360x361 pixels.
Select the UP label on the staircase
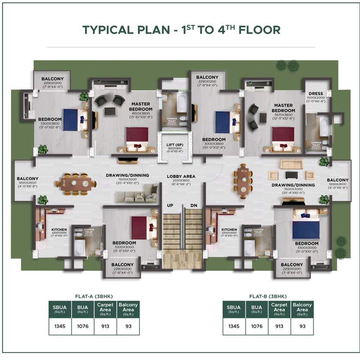click(x=169, y=205)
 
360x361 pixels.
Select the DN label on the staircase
click(x=193, y=205)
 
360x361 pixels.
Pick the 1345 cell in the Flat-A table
click(x=59, y=326)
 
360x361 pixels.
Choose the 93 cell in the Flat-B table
click(x=302, y=326)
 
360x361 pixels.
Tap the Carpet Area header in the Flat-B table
click(x=279, y=307)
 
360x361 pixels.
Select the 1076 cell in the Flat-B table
click(x=256, y=326)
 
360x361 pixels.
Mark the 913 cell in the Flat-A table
click(x=105, y=326)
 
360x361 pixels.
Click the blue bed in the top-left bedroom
click(x=71, y=119)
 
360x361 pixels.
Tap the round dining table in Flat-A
click(x=74, y=183)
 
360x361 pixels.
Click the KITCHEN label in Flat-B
click(x=229, y=230)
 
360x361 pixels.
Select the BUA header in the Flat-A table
click(x=82, y=307)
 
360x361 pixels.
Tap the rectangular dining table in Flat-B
click(x=242, y=180)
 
